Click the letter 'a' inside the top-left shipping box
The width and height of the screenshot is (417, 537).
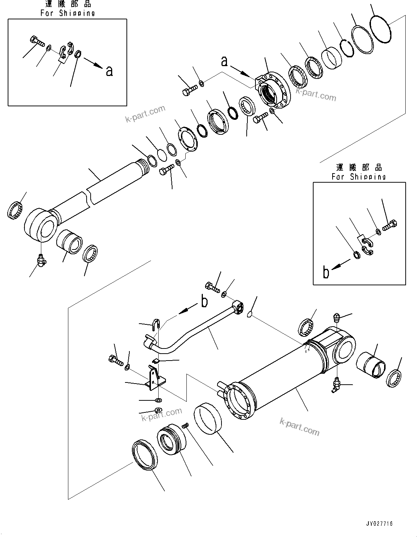click(109, 71)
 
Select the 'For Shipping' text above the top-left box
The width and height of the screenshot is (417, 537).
click(68, 13)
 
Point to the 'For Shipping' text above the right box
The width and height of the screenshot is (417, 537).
click(359, 177)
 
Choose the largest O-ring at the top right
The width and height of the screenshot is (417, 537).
click(381, 28)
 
